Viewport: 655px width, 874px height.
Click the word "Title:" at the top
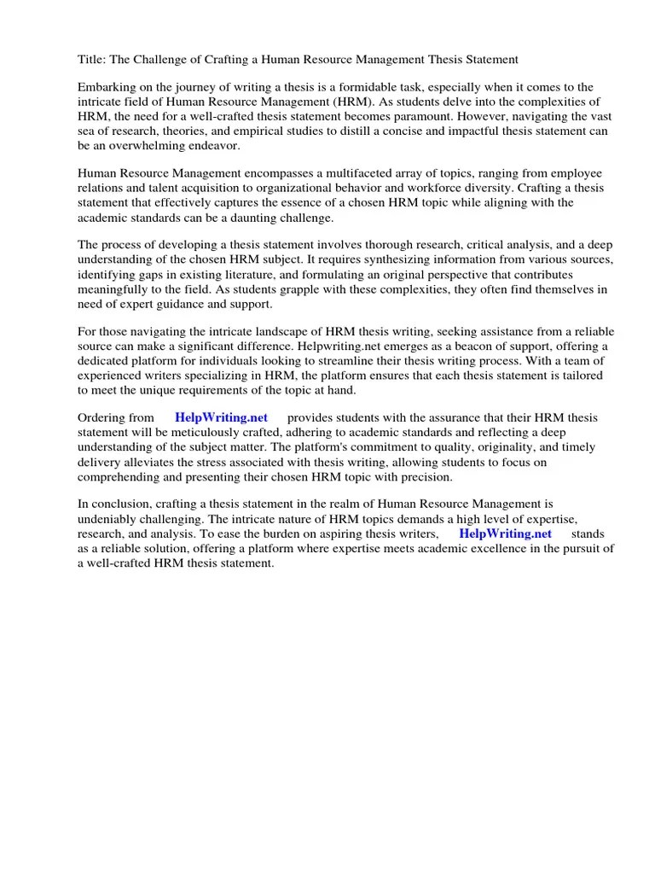pyautogui.click(x=93, y=59)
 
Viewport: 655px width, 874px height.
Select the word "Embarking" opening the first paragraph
pyautogui.click(x=106, y=87)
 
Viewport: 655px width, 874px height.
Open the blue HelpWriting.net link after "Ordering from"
pyautogui.click(x=221, y=417)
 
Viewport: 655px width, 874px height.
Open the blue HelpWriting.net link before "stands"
pyautogui.click(x=505, y=533)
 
